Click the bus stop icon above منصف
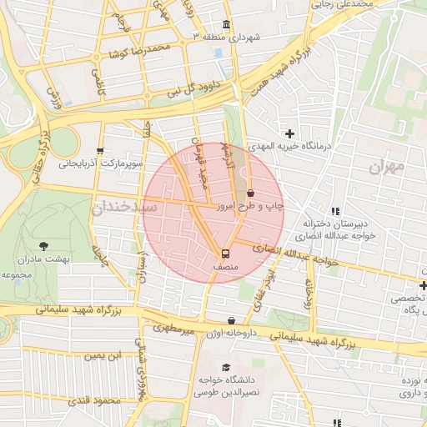pos(225,253)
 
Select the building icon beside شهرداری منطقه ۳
pos(227,25)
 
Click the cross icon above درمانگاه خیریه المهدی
pos(289,133)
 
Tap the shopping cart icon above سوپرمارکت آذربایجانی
pos(101,151)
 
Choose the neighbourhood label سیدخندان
pos(123,206)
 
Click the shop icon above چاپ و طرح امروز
pos(250,193)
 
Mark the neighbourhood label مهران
pos(384,167)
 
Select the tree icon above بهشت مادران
pos(44,246)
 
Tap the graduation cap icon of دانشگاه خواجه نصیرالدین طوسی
pos(226,367)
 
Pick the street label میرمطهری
pos(174,330)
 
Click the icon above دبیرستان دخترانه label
pos(335,212)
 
